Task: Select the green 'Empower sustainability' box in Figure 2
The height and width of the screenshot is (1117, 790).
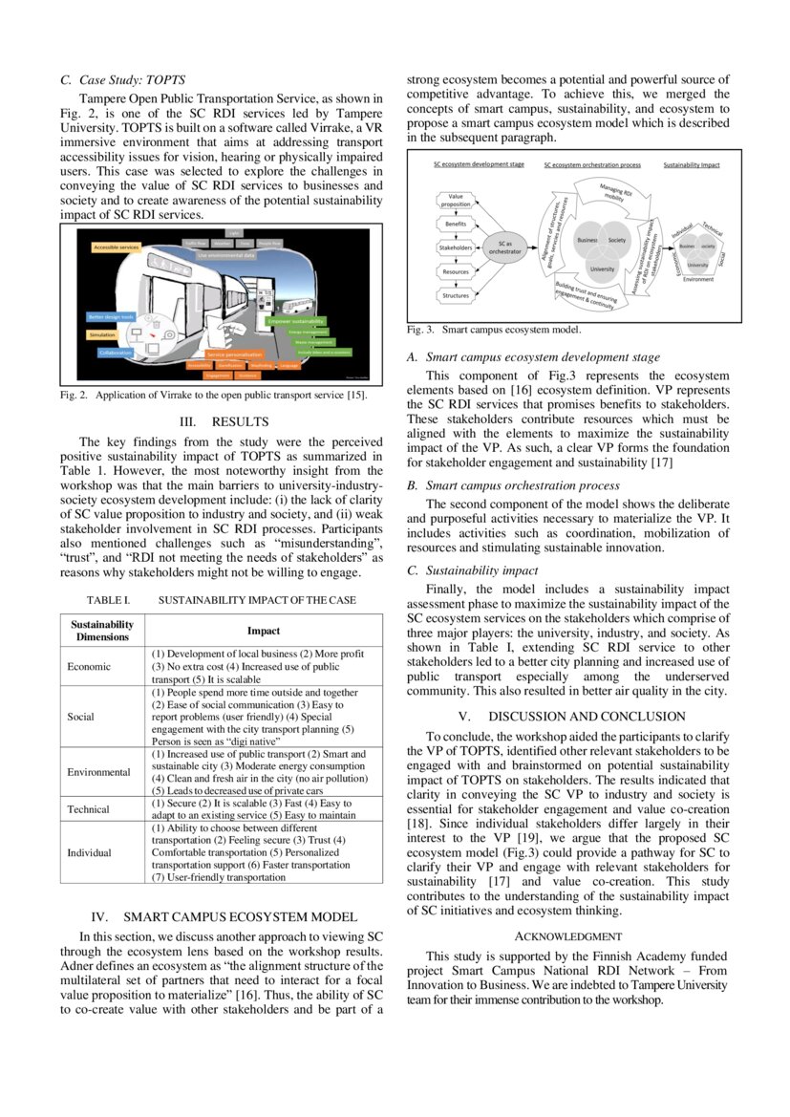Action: pyautogui.click(x=296, y=320)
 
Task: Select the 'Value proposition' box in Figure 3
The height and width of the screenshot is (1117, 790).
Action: pyautogui.click(x=456, y=200)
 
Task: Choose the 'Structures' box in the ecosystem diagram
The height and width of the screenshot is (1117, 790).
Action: pyautogui.click(x=456, y=295)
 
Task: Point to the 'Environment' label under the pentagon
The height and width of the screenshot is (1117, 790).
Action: pyautogui.click(x=697, y=279)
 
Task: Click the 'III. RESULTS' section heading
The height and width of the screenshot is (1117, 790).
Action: pyautogui.click(x=221, y=421)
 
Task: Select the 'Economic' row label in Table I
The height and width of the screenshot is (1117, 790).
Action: pyautogui.click(x=89, y=666)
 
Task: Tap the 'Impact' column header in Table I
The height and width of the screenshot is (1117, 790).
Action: pyautogui.click(x=264, y=631)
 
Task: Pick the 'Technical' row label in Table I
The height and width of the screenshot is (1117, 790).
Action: pyautogui.click(x=89, y=809)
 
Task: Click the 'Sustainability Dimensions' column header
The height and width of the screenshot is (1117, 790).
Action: pyautogui.click(x=102, y=631)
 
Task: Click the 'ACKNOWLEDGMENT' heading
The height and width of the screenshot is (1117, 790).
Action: pyautogui.click(x=568, y=937)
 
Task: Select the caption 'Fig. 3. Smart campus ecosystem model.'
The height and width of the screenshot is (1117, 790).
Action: pyautogui.click(x=494, y=330)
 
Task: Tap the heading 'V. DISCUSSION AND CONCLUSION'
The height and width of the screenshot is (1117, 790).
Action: pyautogui.click(x=570, y=716)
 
